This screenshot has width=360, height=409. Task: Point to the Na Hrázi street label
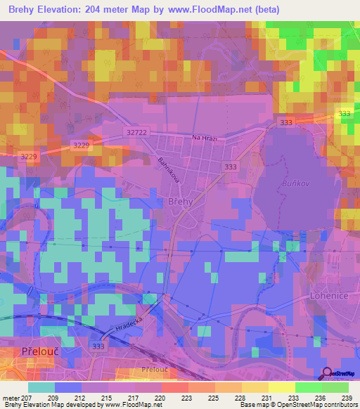[205, 139]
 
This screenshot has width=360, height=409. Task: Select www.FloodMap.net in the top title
[214, 10]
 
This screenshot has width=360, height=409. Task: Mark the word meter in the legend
[13, 397]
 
